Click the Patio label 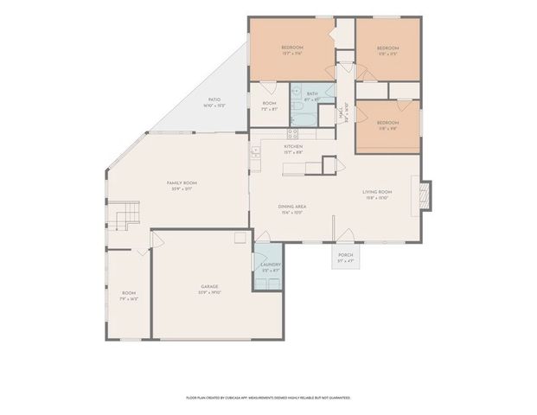(x=214, y=103)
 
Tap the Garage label (x=209, y=288)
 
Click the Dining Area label (x=291, y=207)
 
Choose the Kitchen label (x=293, y=148)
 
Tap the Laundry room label (x=271, y=268)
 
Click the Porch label (x=345, y=257)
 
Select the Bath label (x=312, y=95)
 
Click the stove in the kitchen (x=292, y=133)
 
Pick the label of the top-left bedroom (x=291, y=50)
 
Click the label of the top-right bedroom (x=387, y=50)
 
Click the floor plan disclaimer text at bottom (x=268, y=398)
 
